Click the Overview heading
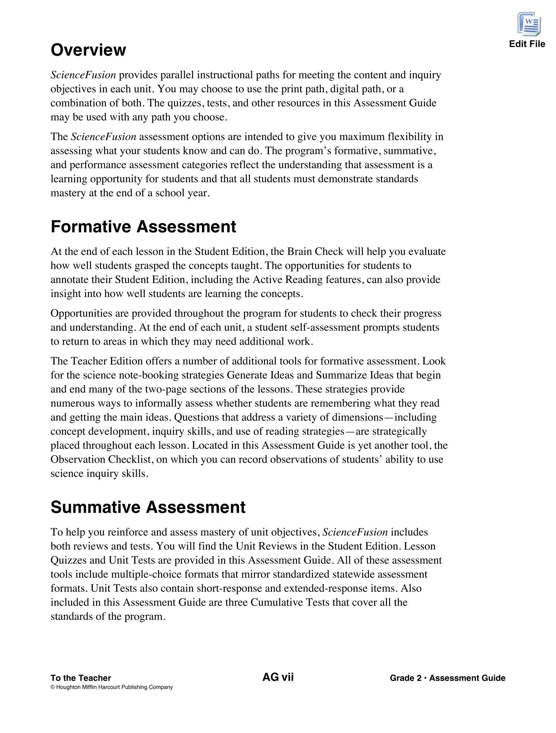point(88,50)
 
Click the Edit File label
point(527,44)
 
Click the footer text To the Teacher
point(81,678)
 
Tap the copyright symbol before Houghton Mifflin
point(52,687)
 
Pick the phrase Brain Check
point(315,252)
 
